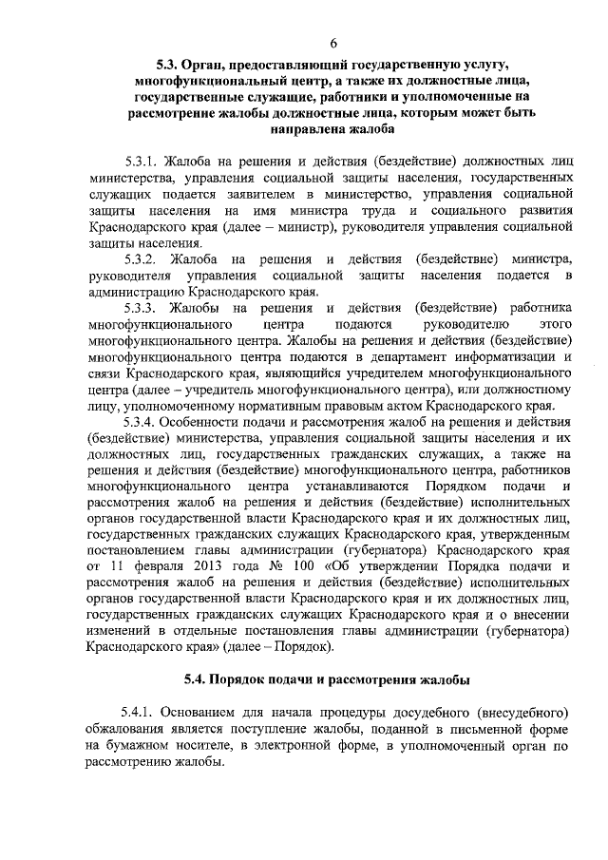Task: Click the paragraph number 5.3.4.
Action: coord(142,421)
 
